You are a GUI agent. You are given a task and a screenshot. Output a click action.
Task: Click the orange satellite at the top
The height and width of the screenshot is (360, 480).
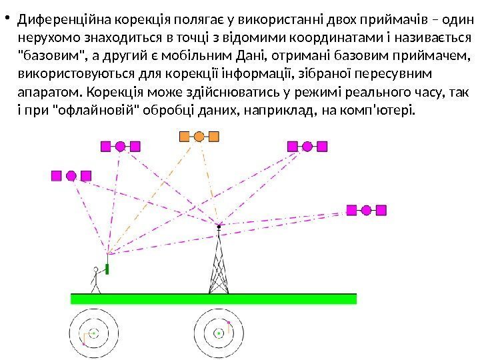[199, 137]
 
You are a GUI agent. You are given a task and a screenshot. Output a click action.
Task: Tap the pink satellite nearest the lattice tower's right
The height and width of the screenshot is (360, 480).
[365, 211]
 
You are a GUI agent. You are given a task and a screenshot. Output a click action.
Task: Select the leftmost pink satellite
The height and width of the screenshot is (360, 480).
[71, 176]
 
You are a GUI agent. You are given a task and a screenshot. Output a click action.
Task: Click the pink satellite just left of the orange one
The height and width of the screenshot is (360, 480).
[120, 147]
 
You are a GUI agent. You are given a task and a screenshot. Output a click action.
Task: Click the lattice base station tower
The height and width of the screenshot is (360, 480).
[218, 263]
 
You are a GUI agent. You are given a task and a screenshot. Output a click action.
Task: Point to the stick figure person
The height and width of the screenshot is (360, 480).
[96, 279]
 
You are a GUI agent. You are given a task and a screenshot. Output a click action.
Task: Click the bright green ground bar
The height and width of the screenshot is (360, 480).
[213, 298]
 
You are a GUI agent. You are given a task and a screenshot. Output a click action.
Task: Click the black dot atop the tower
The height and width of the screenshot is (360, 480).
[218, 225]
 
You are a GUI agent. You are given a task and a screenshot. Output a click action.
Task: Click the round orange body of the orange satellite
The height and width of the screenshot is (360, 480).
[199, 137]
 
